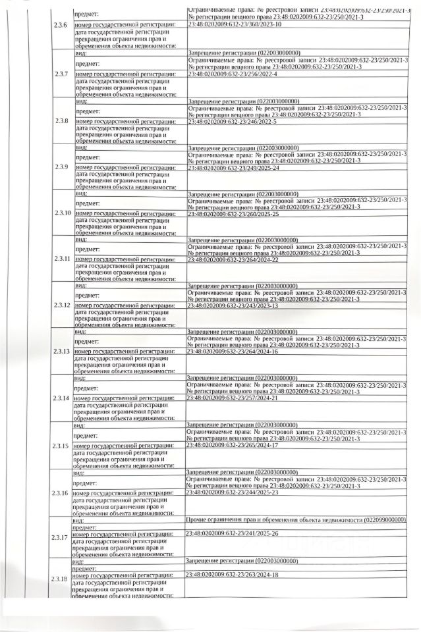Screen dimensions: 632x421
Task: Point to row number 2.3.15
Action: coord(61,446)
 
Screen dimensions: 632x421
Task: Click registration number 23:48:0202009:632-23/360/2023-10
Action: coord(235,24)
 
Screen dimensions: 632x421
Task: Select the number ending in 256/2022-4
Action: coord(233,74)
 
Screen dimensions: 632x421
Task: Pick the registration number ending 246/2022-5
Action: coord(233,121)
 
